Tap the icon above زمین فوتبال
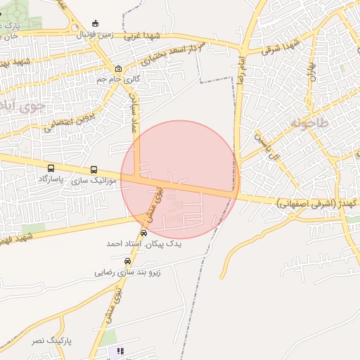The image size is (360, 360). [96, 23]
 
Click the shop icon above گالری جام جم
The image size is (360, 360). [118, 69]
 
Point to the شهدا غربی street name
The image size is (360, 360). [143, 35]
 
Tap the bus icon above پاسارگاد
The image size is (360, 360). [51, 169]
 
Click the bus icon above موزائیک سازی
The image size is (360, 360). [94, 170]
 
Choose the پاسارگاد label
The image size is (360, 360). [51, 180]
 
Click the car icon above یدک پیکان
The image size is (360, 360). [144, 233]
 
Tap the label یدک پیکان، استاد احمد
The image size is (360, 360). [143, 243]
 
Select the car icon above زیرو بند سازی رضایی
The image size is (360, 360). [127, 260]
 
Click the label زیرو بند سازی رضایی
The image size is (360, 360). [128, 271]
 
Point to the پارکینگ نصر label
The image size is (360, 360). [53, 340]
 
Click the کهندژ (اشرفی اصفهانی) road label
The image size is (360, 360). [316, 202]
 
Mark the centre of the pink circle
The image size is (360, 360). [180, 179]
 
